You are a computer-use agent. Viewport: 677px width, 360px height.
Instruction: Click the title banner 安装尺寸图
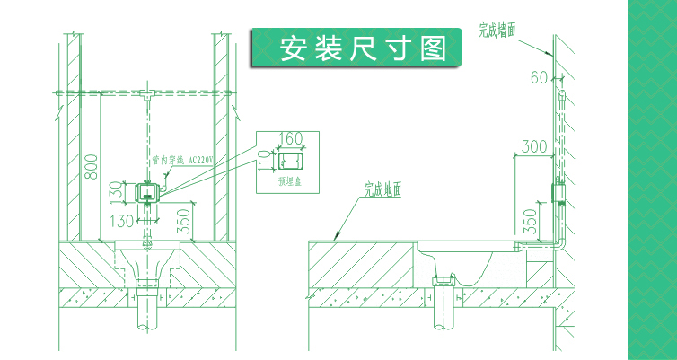click(363, 48)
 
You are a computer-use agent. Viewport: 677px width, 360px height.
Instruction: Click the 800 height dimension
click(90, 166)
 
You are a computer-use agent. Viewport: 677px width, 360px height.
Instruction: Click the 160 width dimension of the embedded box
click(290, 139)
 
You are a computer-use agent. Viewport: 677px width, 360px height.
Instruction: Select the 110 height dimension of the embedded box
click(264, 161)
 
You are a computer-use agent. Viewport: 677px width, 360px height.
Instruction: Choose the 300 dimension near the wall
click(534, 146)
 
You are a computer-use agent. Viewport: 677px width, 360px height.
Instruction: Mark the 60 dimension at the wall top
click(538, 78)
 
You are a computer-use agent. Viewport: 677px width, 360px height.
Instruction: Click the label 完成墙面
click(496, 30)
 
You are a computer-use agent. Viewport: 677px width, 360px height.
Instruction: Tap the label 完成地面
click(382, 189)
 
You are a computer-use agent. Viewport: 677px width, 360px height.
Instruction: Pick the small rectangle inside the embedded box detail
click(290, 161)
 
